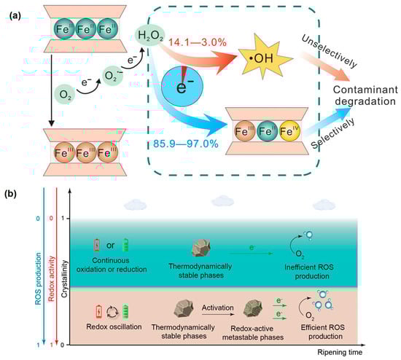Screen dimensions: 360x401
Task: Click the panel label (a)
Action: (11, 15)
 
